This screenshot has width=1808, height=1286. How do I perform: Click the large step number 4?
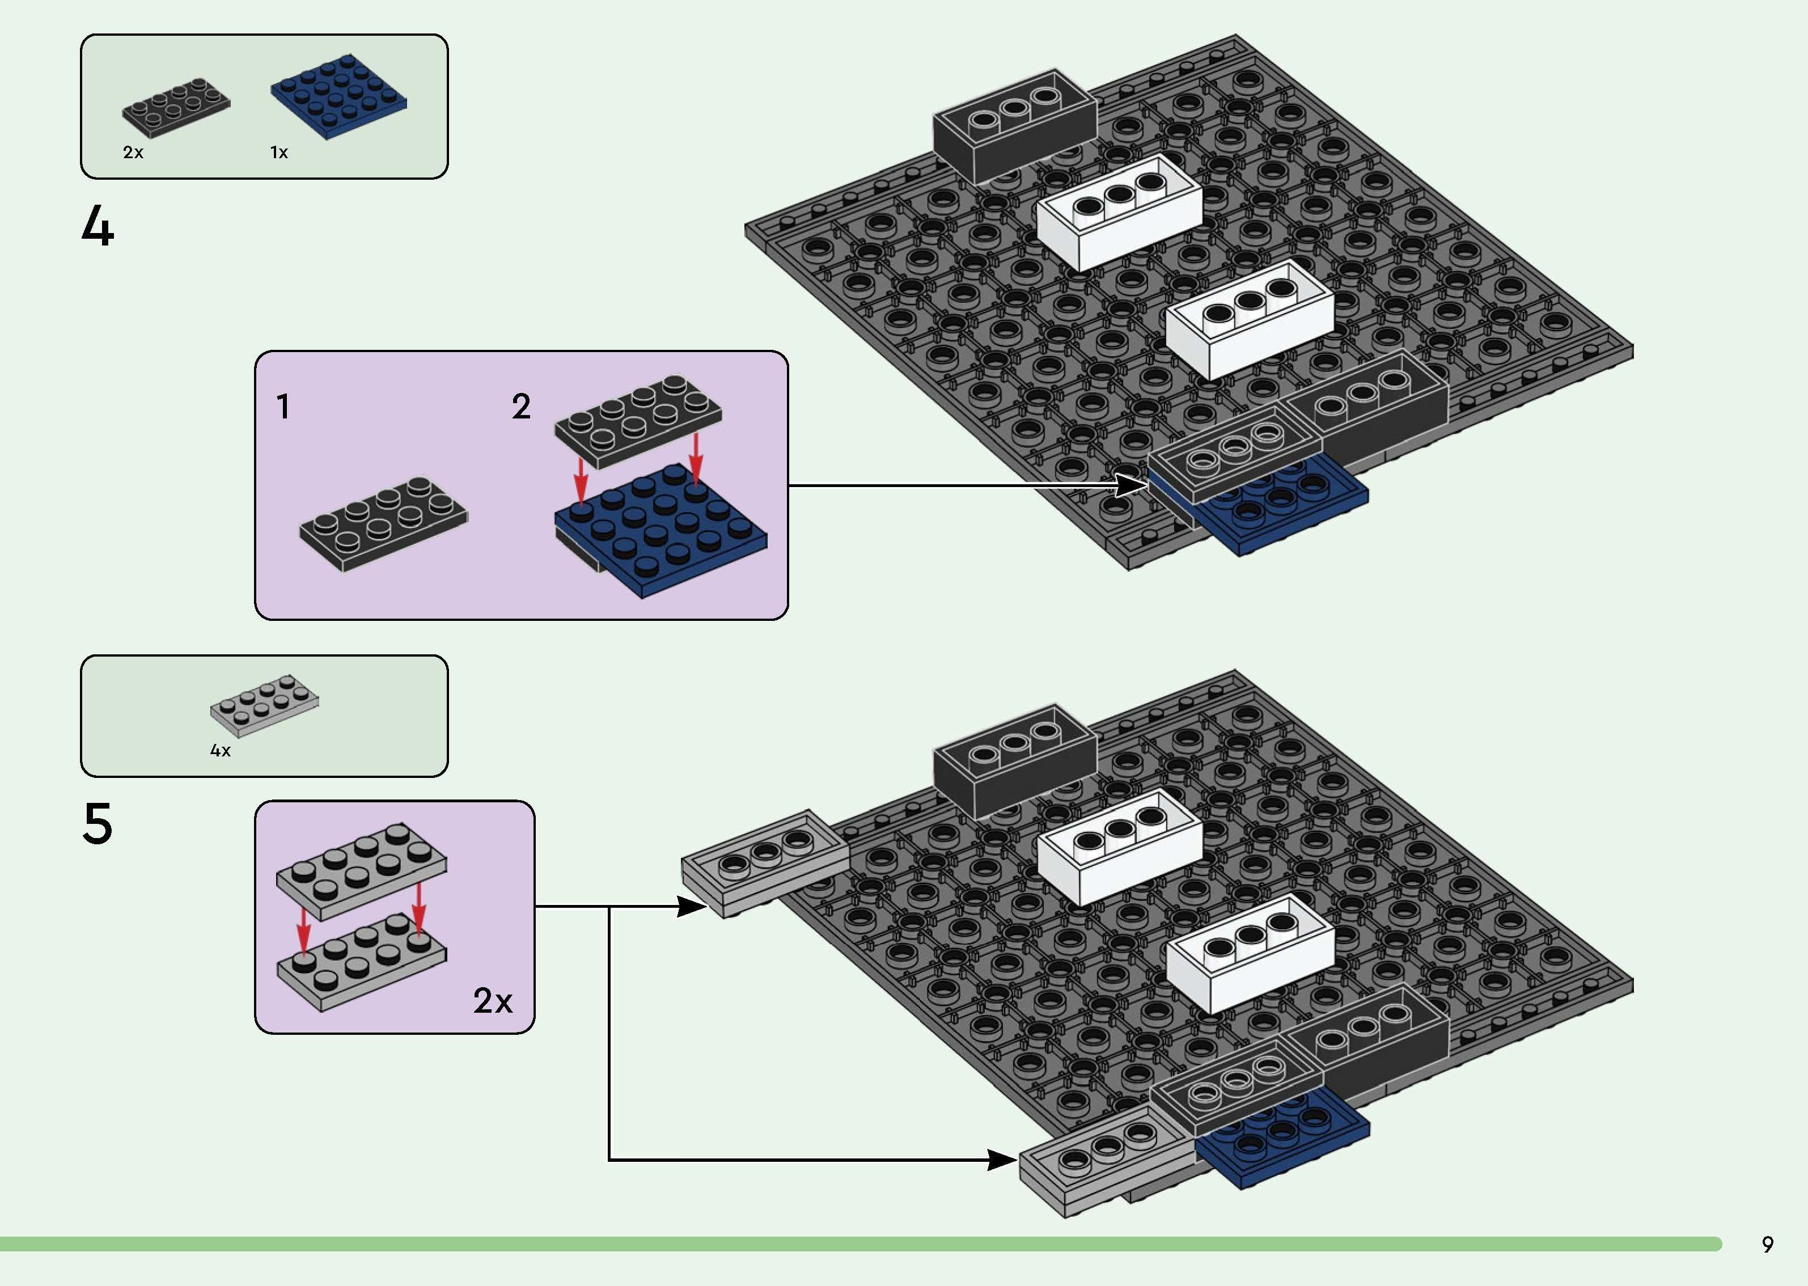coord(98,226)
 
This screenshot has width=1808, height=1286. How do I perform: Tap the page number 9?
coord(1767,1244)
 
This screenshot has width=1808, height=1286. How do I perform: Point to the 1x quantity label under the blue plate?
coord(278,152)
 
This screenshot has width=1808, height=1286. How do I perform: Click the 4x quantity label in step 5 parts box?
coord(220,750)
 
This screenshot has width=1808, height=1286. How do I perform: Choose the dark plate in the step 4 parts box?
coord(176,107)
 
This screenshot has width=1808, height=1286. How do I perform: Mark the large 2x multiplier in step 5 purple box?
coord(492,1001)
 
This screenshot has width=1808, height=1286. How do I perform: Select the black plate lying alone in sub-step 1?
coord(383,523)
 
